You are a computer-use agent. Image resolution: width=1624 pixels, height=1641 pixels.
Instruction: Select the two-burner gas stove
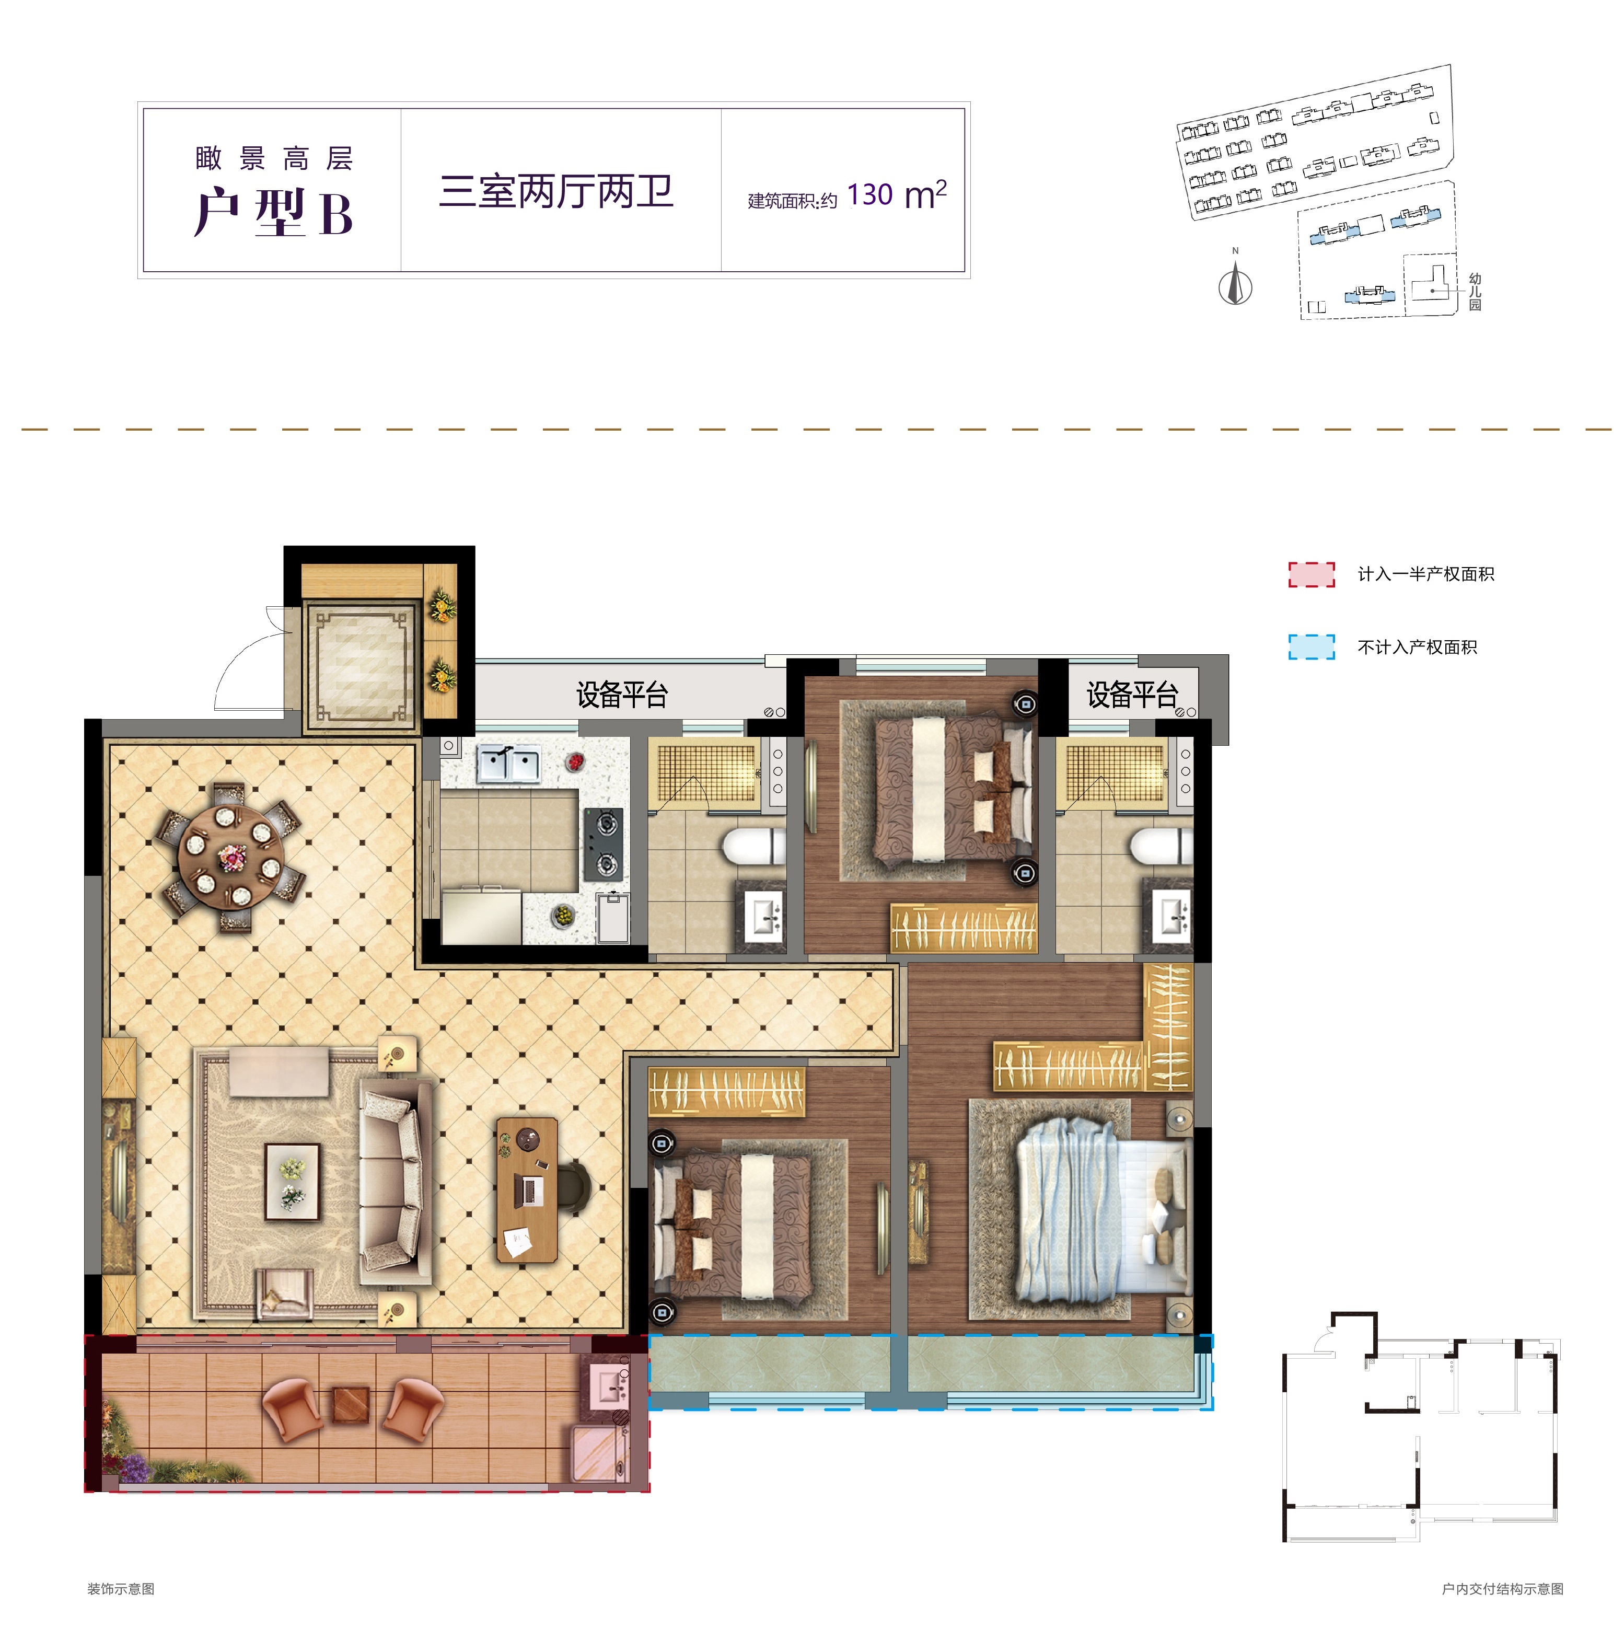(x=605, y=842)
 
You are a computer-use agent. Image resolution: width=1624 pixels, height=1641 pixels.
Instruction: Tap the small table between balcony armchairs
(x=351, y=1404)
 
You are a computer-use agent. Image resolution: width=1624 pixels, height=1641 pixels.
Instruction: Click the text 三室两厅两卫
(x=556, y=191)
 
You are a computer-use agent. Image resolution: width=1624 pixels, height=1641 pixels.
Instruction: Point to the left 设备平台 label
(x=622, y=695)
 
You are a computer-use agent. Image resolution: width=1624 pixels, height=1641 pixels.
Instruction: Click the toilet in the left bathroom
(x=754, y=847)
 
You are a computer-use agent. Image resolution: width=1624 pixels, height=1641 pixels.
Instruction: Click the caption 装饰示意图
(x=121, y=1588)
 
